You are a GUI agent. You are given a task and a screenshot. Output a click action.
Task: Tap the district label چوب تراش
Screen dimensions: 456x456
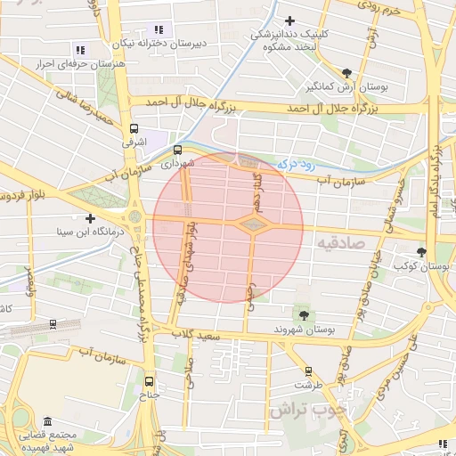pos(300,411)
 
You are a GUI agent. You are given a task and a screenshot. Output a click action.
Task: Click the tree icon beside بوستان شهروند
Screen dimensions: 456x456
pos(304,315)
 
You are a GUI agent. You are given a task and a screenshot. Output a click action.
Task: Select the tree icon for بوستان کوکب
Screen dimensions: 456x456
pos(423,252)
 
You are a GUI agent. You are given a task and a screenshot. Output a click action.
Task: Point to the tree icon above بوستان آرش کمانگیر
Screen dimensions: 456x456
pos(346,73)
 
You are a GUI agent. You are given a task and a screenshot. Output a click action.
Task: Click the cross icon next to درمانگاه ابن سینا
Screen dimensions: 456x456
pos(90,218)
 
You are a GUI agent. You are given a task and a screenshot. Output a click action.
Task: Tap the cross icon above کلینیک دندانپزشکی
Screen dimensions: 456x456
pos(289,20)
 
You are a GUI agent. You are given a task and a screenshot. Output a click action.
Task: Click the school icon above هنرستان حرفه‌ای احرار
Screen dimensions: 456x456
pos(80,51)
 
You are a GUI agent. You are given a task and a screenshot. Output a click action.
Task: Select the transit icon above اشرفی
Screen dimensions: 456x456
pos(134,127)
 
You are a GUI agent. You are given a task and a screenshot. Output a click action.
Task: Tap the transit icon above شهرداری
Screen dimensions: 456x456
pos(177,150)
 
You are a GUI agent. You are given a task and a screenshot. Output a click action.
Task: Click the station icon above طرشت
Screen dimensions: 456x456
pos(308,371)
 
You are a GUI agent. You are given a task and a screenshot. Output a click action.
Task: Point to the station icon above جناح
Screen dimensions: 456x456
pos(149,379)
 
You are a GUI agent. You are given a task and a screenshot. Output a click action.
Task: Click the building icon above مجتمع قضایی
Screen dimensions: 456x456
pos(46,421)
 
